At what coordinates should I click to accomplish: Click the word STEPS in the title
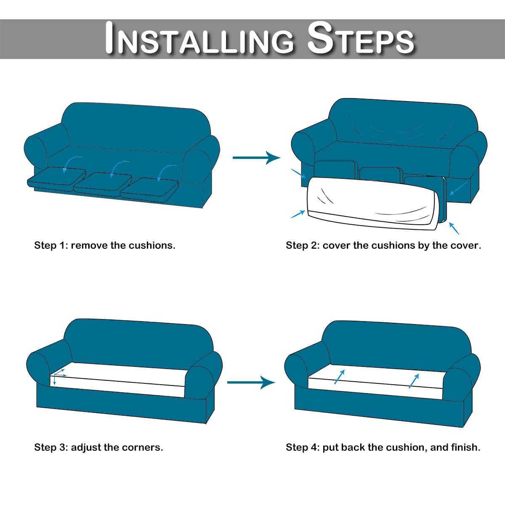pyautogui.click(x=360, y=38)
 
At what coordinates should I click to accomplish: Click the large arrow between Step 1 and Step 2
pyautogui.click(x=257, y=157)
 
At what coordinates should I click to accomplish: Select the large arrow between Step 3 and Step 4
pyautogui.click(x=251, y=383)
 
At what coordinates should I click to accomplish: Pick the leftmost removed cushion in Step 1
pyautogui.click(x=57, y=178)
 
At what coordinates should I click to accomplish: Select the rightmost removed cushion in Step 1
pyautogui.click(x=149, y=189)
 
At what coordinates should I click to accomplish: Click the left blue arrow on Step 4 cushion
pyautogui.click(x=340, y=377)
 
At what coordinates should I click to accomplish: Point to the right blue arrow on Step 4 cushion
pyautogui.click(x=415, y=381)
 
